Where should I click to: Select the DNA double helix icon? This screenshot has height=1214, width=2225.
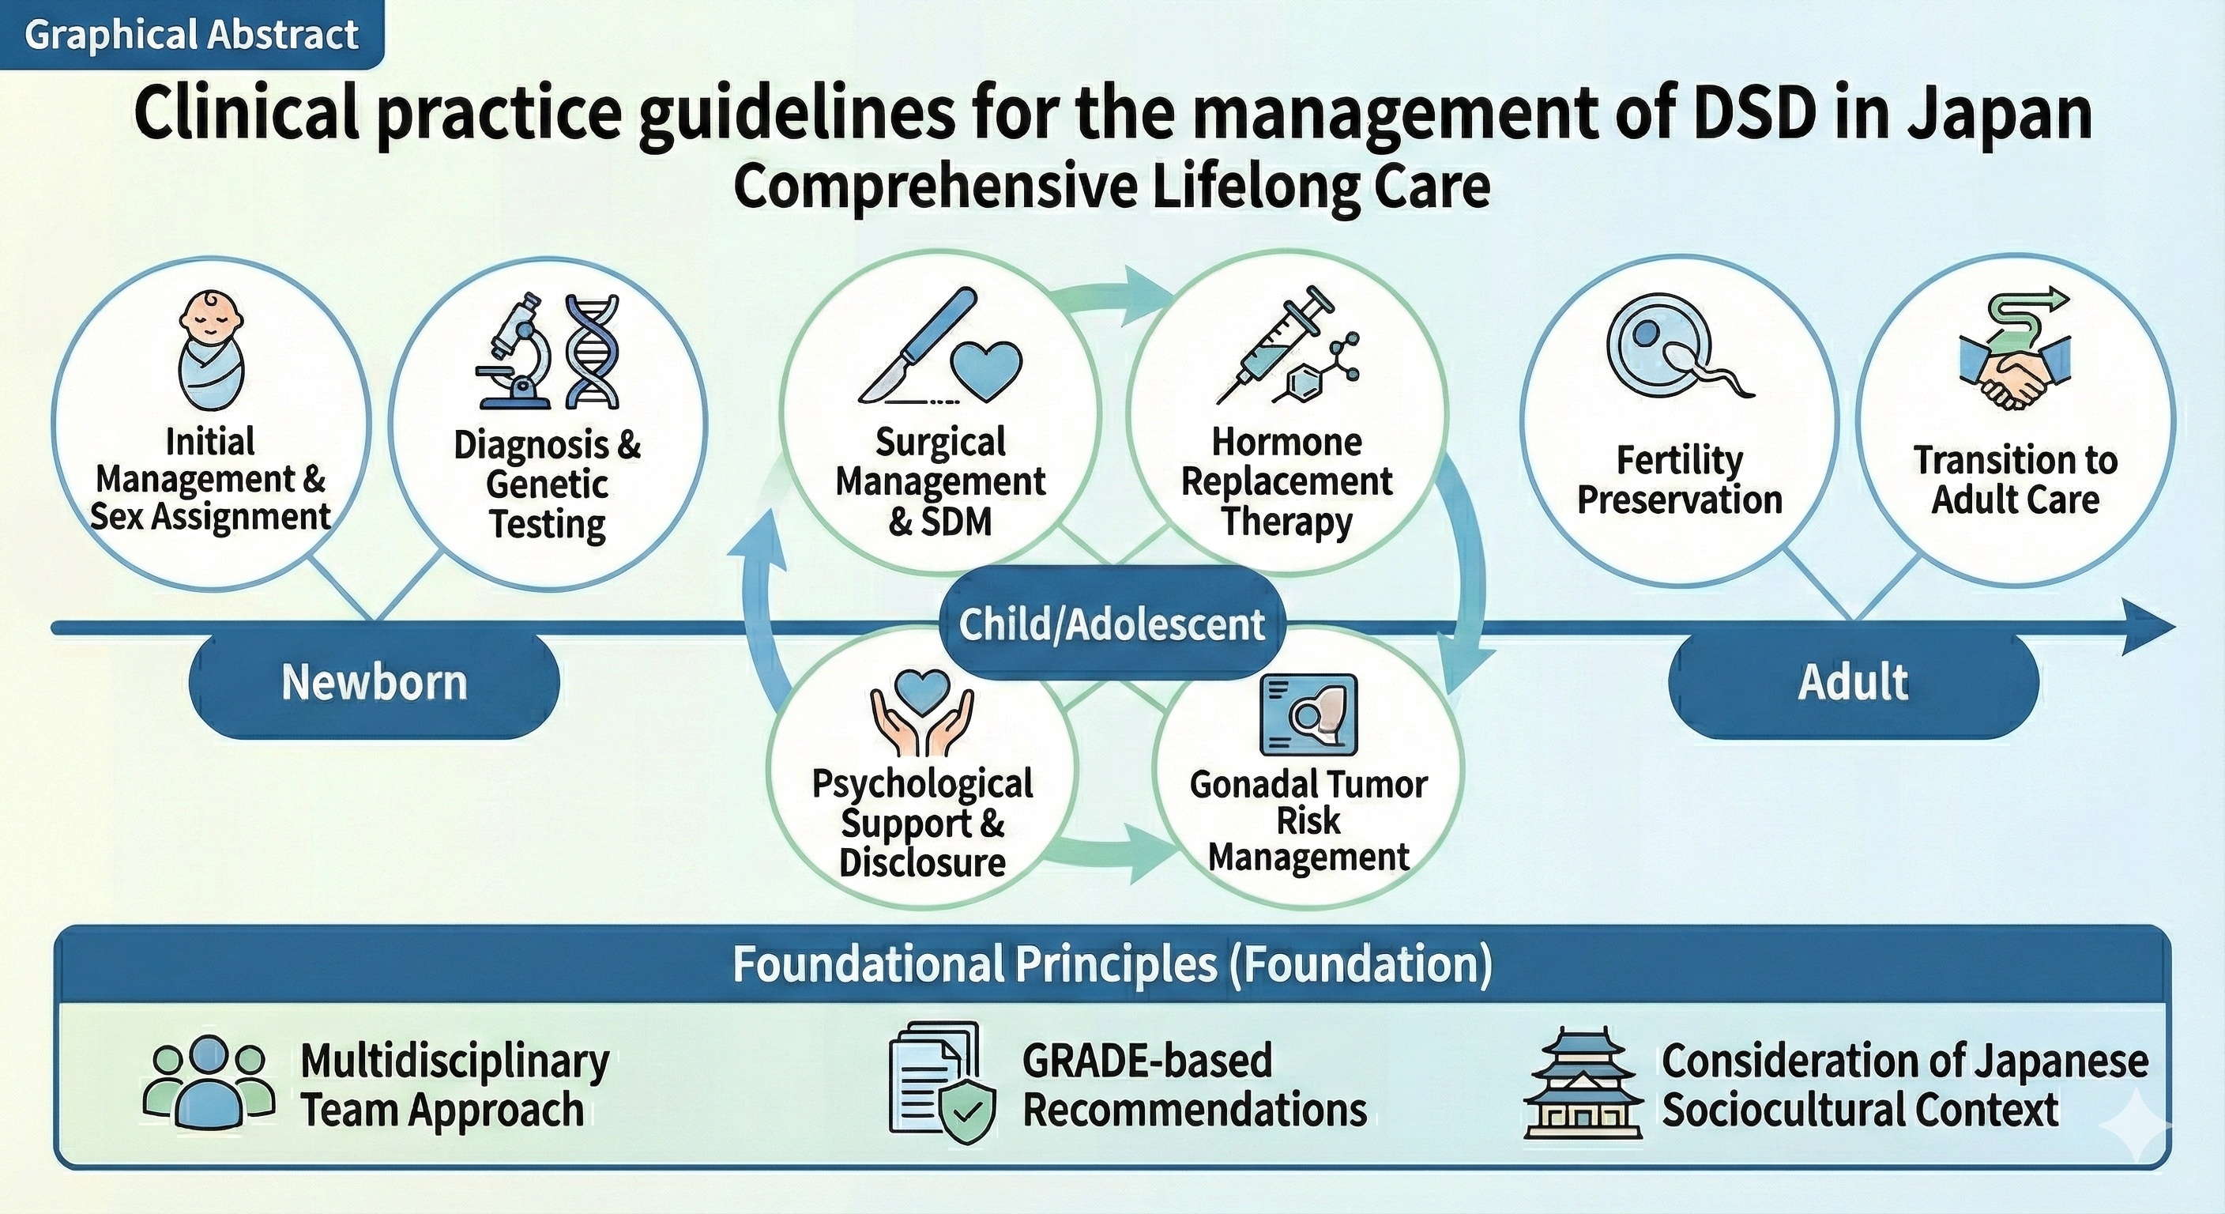point(592,351)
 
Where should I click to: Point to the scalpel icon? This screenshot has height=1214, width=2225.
point(917,346)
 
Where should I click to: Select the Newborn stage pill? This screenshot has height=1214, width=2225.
point(374,683)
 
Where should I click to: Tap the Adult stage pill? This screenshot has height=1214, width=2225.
point(1854,683)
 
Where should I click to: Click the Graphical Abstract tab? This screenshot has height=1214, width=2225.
point(192,35)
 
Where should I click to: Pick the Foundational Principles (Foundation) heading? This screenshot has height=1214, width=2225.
point(1112,963)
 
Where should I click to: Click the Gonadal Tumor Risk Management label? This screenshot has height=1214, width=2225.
point(1308,821)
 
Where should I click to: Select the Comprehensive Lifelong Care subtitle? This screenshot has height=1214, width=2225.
point(1112,187)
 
